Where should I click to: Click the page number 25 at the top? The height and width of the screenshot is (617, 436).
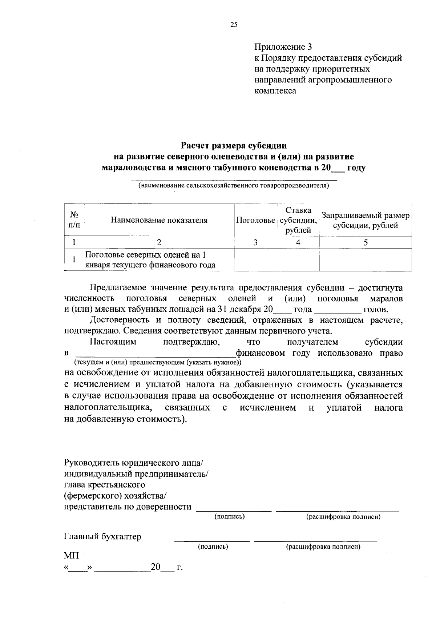click(x=234, y=25)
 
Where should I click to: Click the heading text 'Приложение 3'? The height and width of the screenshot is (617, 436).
click(x=283, y=47)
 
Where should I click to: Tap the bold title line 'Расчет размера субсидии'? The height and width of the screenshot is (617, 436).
click(x=234, y=146)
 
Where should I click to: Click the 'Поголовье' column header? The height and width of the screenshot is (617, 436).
click(x=255, y=220)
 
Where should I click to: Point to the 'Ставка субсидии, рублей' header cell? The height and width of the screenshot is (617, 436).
click(x=298, y=220)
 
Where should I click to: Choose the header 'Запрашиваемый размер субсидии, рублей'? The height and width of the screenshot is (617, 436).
click(x=366, y=220)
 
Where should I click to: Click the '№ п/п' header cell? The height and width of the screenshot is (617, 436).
click(x=74, y=220)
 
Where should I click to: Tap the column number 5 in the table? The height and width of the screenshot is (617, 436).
click(x=366, y=242)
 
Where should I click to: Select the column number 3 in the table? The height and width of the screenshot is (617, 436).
click(x=255, y=242)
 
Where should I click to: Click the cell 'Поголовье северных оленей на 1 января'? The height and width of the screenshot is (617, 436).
click(x=150, y=260)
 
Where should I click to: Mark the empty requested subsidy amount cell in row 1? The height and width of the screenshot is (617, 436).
click(x=366, y=260)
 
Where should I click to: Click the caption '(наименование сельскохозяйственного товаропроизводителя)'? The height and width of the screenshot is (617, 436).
click(x=234, y=186)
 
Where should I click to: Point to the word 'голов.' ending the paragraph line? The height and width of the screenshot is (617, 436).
click(x=376, y=310)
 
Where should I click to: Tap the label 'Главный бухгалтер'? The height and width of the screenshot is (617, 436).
click(x=102, y=537)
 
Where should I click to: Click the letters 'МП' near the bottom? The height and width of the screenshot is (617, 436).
click(x=71, y=556)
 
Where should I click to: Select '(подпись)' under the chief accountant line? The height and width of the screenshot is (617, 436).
click(x=213, y=547)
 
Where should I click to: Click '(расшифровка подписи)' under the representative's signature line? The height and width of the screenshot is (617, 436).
click(x=343, y=516)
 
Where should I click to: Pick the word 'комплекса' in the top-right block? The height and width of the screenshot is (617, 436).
click(x=275, y=90)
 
